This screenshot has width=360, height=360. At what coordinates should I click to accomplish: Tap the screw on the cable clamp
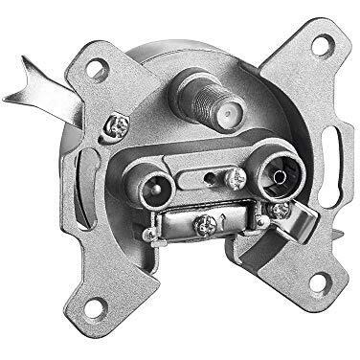(203, 226)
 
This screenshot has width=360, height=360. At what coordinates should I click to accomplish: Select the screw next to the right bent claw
(277, 211)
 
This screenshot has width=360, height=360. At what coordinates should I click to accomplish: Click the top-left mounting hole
(95, 69)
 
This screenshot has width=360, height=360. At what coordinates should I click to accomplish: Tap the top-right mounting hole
(324, 44)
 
